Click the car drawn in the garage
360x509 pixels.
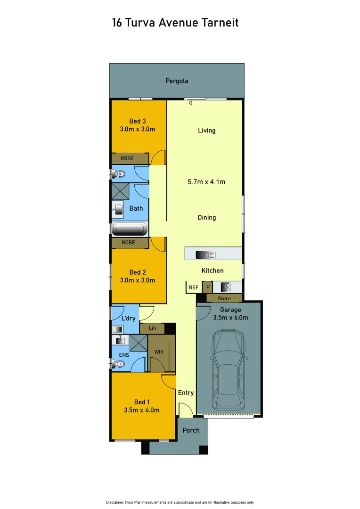[229, 370]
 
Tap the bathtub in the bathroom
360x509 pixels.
[130, 230]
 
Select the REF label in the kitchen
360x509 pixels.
[193, 287]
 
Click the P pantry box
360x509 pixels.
[207, 287]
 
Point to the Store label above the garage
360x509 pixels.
[224, 298]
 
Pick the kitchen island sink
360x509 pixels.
[205, 255]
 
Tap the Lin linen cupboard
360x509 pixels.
[152, 328]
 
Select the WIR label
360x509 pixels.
[158, 351]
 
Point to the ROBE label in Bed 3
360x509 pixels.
[127, 159]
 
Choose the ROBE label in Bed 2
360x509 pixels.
[128, 243]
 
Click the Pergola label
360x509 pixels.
[177, 81]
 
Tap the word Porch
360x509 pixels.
[191, 430]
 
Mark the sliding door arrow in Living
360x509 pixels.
[192, 103]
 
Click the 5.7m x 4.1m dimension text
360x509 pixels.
[205, 181]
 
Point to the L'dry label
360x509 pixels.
[128, 318]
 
